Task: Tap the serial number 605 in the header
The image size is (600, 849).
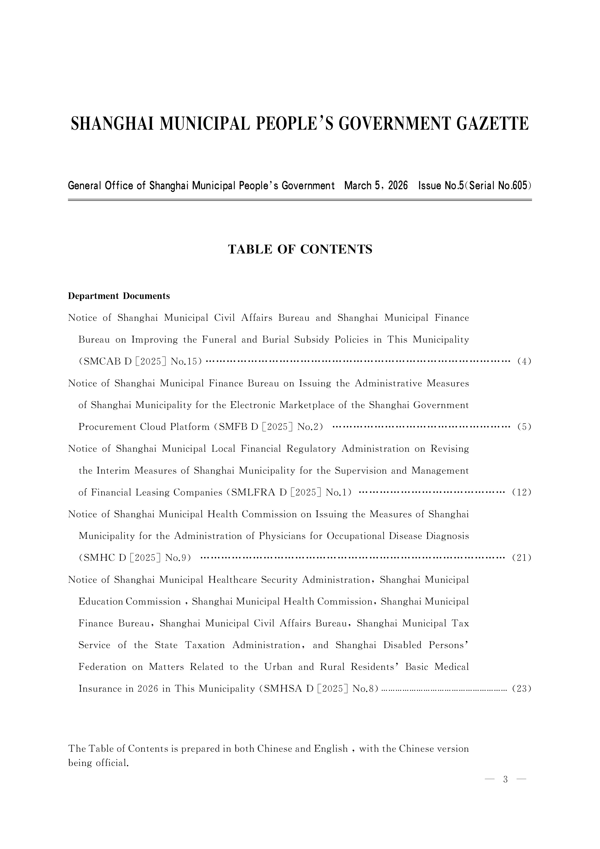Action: (x=519, y=186)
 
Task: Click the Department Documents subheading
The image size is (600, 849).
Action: (x=119, y=296)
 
